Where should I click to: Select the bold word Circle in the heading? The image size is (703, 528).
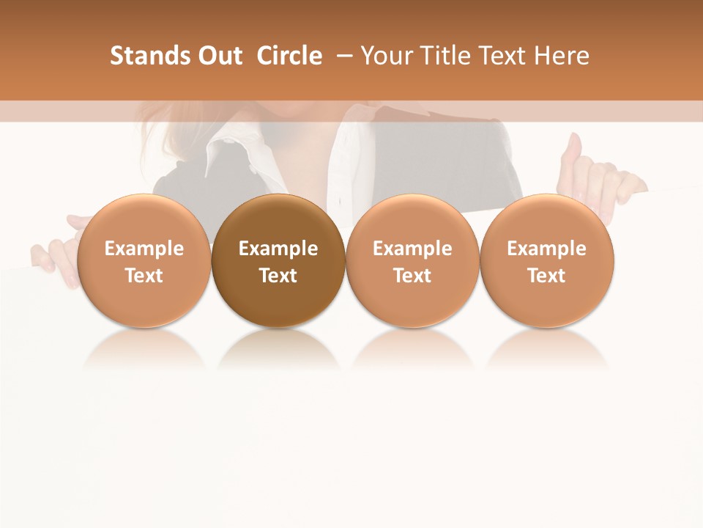289,56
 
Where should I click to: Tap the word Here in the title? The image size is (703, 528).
562,56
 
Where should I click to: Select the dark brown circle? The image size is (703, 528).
278,260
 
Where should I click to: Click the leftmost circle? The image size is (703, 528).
144,260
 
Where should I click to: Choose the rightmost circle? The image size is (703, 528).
547,260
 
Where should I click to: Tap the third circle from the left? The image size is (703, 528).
412,260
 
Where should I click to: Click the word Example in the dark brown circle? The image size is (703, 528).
278,249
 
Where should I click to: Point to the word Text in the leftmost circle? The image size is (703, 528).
144,276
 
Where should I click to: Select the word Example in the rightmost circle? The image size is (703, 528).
547,249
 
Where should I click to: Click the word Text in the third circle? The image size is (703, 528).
412,276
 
